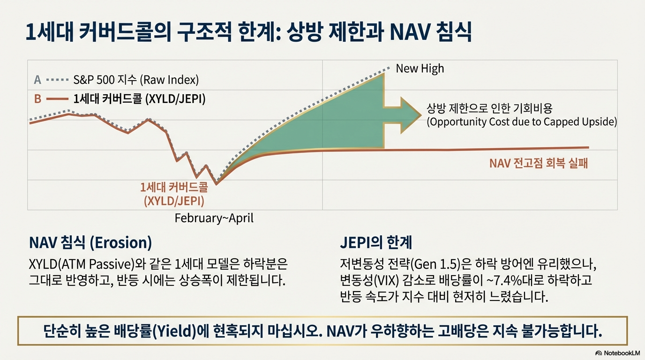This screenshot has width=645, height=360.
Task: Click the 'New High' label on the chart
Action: click(420, 69)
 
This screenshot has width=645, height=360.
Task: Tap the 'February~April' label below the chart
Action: click(214, 218)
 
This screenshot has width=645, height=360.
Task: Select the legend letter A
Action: click(37, 80)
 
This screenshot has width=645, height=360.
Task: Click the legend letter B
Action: click(37, 99)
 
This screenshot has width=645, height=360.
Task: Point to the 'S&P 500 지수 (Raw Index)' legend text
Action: click(136, 80)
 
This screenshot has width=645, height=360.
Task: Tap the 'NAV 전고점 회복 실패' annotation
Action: click(538, 164)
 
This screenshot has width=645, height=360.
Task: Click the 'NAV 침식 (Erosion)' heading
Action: click(90, 243)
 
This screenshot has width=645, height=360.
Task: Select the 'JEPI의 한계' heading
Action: click(375, 243)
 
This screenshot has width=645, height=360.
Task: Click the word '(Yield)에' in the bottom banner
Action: click(185, 332)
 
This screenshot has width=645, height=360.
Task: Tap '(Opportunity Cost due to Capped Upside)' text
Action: click(521, 122)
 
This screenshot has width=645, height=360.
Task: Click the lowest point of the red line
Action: click(217, 184)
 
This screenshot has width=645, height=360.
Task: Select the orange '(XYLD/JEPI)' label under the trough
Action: click(174, 202)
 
